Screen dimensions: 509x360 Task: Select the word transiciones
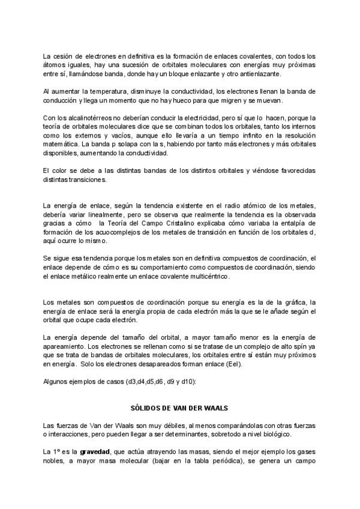tap(88, 180)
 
